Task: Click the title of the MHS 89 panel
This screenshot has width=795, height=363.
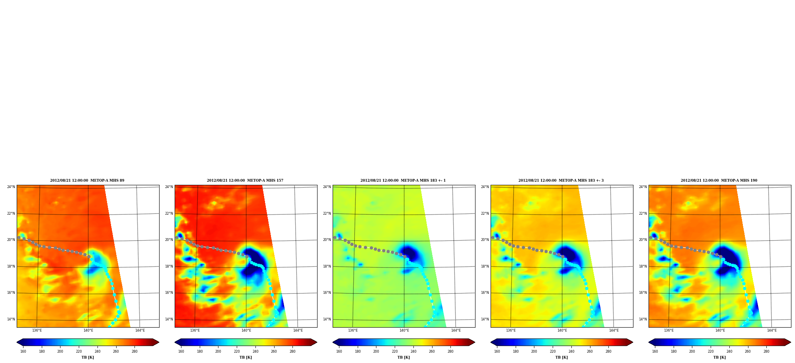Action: click(x=87, y=181)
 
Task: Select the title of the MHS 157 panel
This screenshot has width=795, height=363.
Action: click(x=245, y=181)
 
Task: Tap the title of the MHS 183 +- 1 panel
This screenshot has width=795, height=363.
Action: click(x=403, y=181)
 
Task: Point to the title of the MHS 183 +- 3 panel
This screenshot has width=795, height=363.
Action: click(x=561, y=181)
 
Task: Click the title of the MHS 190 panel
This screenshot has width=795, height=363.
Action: click(x=719, y=181)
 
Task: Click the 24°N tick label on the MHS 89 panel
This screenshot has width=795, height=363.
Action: click(x=11, y=187)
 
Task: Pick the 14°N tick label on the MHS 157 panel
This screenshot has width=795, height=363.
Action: click(x=169, y=319)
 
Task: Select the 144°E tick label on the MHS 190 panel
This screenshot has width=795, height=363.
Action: click(x=772, y=330)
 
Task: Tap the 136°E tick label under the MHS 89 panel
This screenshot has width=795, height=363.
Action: click(x=37, y=330)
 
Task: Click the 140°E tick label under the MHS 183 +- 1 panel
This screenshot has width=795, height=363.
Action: click(x=404, y=330)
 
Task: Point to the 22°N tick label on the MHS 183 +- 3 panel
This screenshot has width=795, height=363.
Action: click(x=485, y=214)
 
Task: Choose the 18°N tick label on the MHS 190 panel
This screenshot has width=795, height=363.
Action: click(x=643, y=266)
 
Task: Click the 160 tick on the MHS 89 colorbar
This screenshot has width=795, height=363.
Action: click(x=23, y=351)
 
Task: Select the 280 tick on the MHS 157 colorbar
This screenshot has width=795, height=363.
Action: click(x=292, y=351)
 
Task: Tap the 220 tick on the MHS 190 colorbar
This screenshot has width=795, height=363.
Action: click(x=711, y=351)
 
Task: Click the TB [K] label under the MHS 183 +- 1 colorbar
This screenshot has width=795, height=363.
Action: click(x=403, y=357)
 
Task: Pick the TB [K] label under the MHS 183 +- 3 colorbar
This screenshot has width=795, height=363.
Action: click(x=561, y=357)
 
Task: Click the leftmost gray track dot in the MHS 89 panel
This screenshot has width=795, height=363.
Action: click(x=19, y=237)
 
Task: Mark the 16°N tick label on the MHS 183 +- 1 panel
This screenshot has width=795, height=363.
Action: click(x=327, y=293)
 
